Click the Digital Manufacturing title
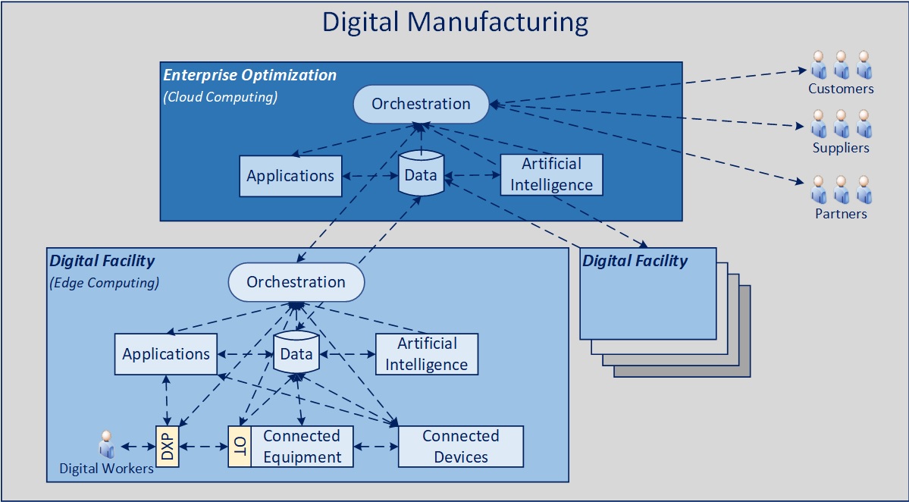coord(455,22)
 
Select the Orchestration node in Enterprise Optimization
coord(422,104)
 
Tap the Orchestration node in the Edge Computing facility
coord(296,282)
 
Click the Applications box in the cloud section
coord(290,176)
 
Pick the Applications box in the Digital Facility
coord(166,354)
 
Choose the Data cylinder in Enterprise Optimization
coord(421,174)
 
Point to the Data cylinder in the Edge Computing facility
coord(296,353)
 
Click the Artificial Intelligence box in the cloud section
coord(551,174)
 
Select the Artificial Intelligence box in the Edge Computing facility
coord(427,353)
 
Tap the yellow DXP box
coord(167,446)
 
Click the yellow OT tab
coord(240,446)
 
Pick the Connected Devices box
coord(461,447)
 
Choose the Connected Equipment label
coord(302,447)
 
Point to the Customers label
coord(841,89)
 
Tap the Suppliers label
coord(841,148)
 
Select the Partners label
coord(841,214)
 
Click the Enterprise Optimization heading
coord(250,75)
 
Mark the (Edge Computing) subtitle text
coord(104,284)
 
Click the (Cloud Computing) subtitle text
coord(221,97)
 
